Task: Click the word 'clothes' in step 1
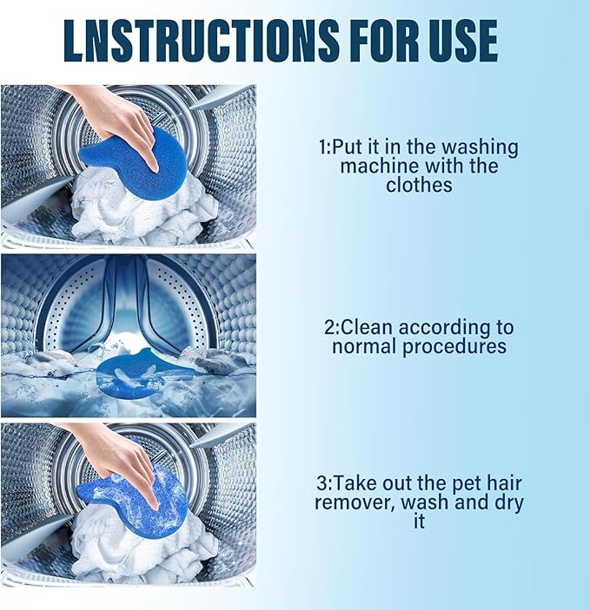tap(418, 184)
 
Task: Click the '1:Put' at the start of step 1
tap(341, 147)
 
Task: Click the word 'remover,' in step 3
tap(353, 502)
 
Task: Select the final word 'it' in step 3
tap(419, 521)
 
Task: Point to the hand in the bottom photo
tap(122, 456)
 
